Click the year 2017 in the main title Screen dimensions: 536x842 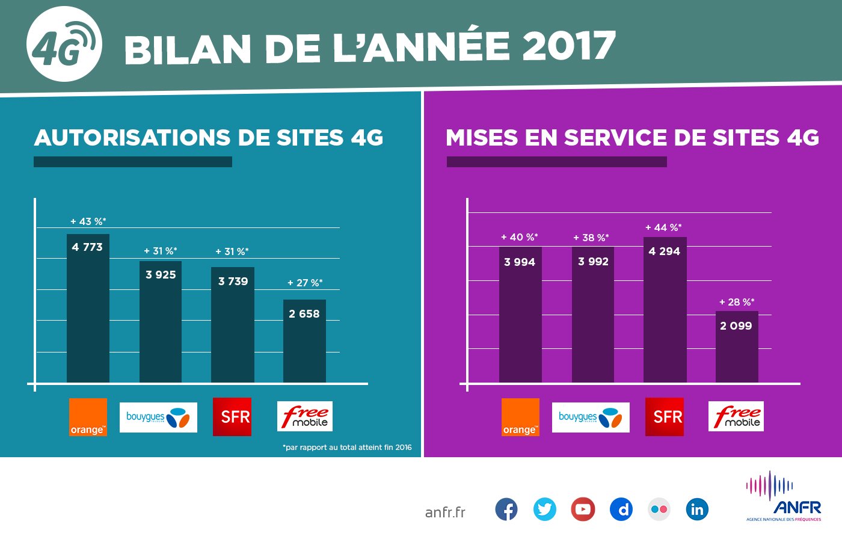(x=569, y=46)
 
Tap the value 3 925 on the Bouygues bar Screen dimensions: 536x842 (x=161, y=275)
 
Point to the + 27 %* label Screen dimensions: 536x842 (x=305, y=283)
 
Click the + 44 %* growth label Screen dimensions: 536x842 (x=663, y=228)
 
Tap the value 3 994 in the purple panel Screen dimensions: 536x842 (x=520, y=262)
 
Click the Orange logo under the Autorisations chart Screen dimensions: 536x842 (x=88, y=417)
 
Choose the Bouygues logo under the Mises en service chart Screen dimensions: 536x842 (x=591, y=417)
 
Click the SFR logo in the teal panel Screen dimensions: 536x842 (x=232, y=416)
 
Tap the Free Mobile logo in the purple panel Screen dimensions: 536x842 (x=736, y=416)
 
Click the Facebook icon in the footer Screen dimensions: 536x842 (x=506, y=510)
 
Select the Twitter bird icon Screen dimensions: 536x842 (x=544, y=510)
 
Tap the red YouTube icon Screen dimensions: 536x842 (x=583, y=510)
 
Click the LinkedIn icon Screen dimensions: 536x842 (x=697, y=510)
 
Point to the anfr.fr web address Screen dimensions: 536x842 (x=445, y=512)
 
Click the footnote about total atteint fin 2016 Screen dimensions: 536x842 (x=347, y=448)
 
